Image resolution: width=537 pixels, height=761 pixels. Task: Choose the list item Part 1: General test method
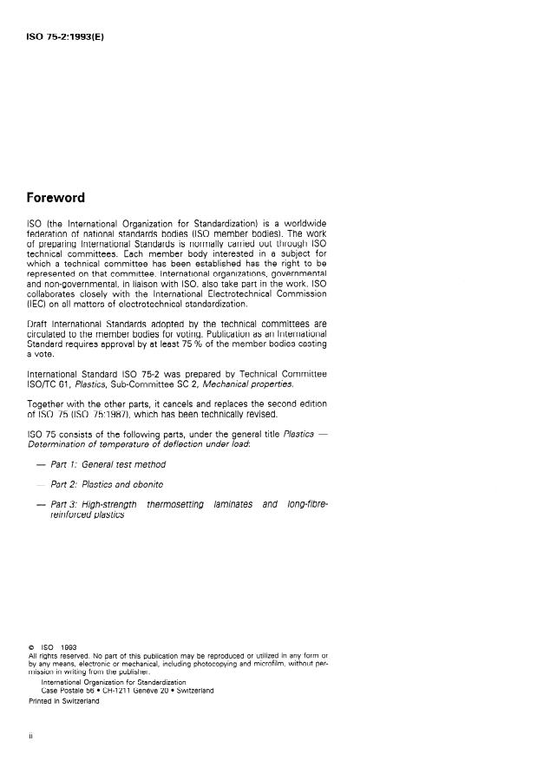tap(108, 464)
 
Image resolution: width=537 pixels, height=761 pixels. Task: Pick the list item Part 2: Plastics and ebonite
tap(108, 484)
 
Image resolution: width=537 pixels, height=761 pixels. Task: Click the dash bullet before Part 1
tap(40, 464)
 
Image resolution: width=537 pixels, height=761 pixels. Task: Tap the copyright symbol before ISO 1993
tap(30, 646)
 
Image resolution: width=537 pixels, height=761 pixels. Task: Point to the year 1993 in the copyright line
tap(68, 646)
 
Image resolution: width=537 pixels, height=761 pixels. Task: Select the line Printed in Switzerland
tap(63, 701)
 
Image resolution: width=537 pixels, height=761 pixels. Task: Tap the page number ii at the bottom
tap(30, 734)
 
